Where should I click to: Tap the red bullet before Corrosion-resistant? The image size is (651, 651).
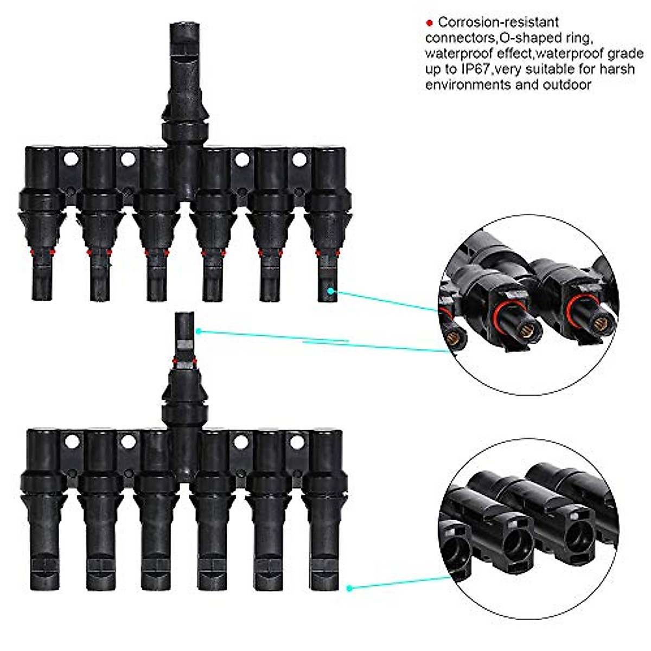coord(429,23)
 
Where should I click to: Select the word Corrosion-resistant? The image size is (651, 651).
coord(498,23)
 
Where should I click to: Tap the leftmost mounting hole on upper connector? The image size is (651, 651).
coord(71,159)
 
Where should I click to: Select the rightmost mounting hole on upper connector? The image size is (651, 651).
coord(299,159)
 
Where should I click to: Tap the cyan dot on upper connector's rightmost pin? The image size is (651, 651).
coord(330,291)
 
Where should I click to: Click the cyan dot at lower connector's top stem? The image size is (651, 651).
coord(199,331)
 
